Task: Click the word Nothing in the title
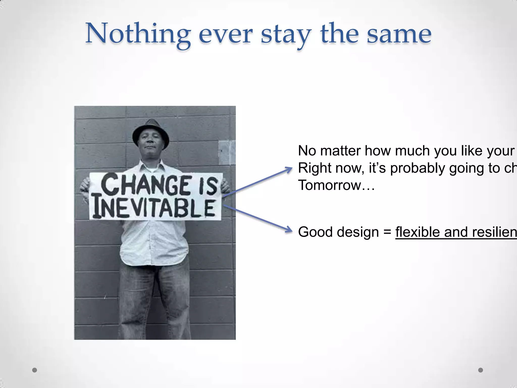click(138, 34)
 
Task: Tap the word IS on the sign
click(209, 186)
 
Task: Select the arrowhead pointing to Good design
click(288, 230)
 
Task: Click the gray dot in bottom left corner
click(35, 370)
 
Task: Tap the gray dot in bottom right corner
click(481, 370)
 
